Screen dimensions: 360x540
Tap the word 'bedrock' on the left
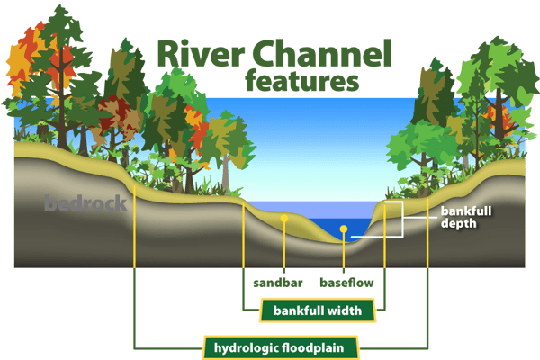(85, 203)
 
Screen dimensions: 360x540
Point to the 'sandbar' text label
(278, 283)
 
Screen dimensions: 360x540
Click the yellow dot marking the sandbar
(284, 218)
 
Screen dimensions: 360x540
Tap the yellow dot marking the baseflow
(343, 230)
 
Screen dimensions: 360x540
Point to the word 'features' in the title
(301, 82)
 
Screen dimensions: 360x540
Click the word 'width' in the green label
(343, 311)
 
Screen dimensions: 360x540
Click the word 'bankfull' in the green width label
(295, 311)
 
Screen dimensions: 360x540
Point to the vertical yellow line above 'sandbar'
(284, 247)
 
